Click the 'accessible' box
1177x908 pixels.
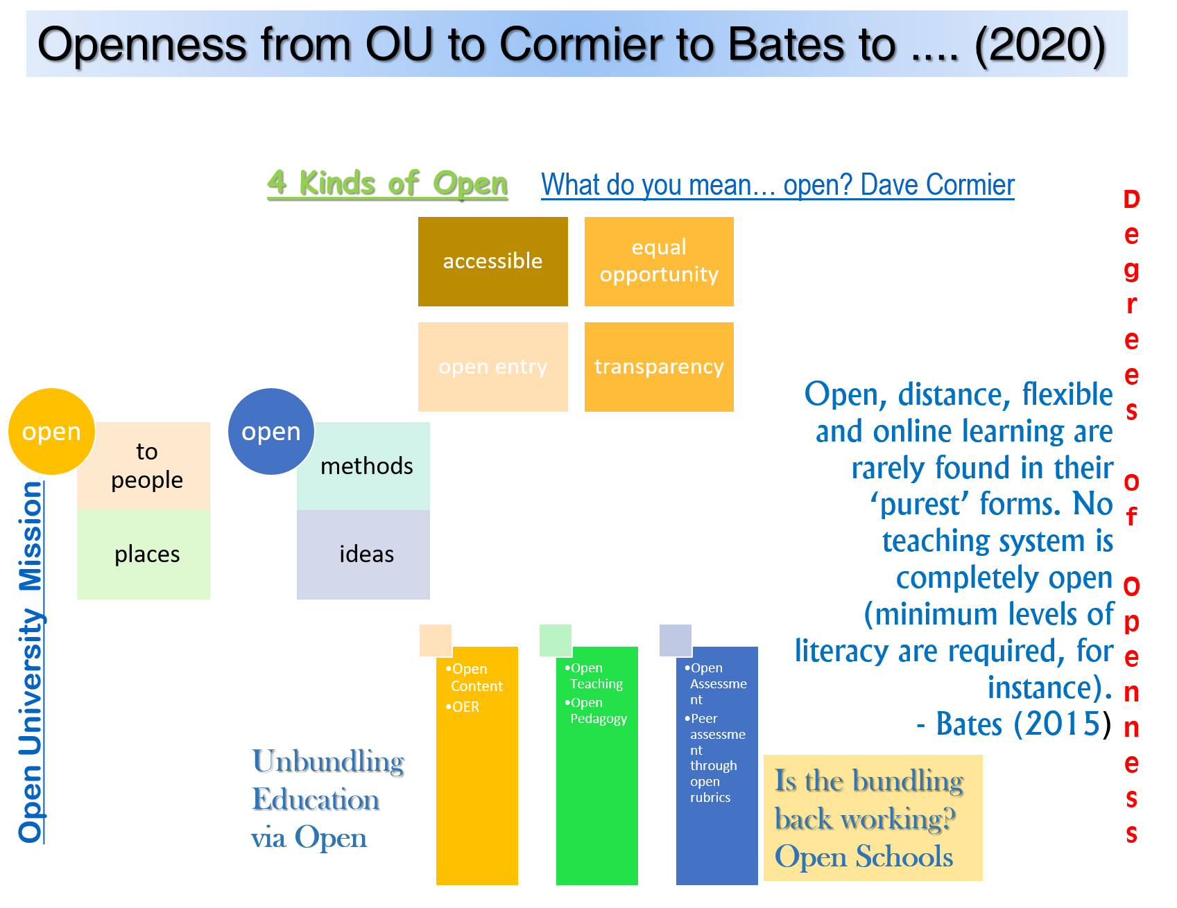492,261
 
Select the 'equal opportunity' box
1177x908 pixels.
659,261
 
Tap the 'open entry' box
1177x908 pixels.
492,367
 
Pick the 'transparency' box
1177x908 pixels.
659,367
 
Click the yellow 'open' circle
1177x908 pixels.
51,431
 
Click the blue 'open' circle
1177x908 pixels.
270,431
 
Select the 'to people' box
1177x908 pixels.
147,466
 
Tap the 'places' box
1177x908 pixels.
147,555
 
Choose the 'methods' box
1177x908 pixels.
367,466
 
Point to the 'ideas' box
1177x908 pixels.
367,555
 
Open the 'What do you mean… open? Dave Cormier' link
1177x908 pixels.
777,185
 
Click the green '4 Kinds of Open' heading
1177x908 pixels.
387,183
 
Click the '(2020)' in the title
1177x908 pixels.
1040,44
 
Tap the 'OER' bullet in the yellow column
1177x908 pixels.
465,707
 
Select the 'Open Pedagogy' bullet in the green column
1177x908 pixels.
597,710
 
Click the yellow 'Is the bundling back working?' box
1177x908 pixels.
873,818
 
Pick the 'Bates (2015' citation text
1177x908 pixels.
1017,724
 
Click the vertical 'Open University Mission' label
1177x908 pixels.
31,662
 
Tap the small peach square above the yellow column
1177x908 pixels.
435,640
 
